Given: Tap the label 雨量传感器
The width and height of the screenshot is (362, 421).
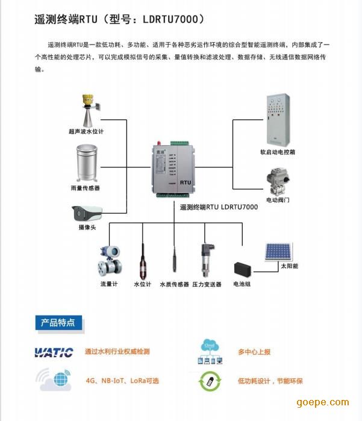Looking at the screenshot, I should (x=86, y=189).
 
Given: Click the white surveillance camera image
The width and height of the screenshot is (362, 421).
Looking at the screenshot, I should (x=87, y=213).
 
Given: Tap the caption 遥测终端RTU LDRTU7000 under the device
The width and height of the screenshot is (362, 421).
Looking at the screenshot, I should (x=219, y=207).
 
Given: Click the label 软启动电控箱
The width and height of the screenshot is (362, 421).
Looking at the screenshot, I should (x=278, y=152).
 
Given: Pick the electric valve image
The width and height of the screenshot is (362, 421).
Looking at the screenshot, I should (x=278, y=180).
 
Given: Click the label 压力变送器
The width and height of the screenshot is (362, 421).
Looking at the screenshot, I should (x=207, y=284).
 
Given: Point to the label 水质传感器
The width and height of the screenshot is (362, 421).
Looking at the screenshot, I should (x=174, y=284).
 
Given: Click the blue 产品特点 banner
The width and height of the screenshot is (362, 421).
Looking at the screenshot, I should (x=58, y=323).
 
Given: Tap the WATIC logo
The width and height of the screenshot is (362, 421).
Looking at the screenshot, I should (x=54, y=352).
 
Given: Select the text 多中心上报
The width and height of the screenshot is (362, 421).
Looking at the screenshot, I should (x=254, y=352).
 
